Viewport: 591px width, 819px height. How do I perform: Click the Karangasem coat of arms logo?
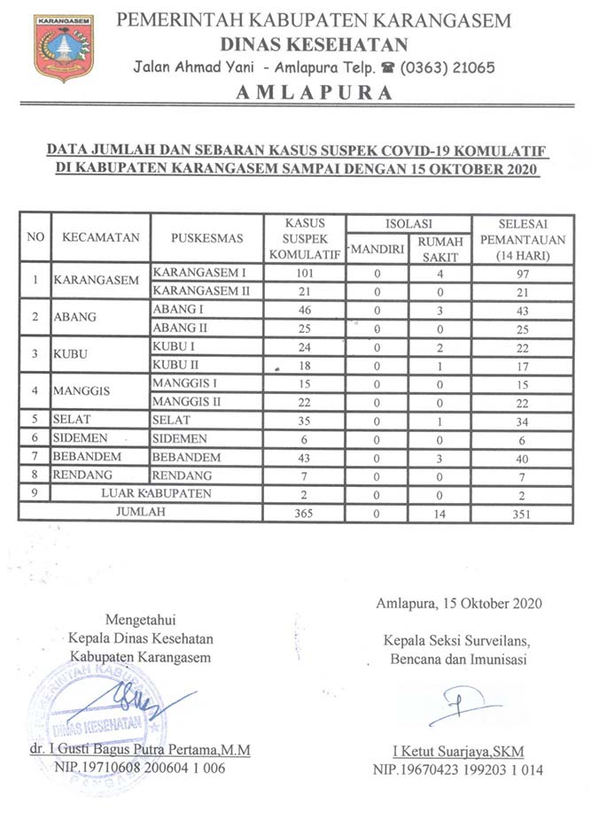pos(63,47)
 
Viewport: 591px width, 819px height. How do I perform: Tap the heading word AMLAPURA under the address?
pos(315,93)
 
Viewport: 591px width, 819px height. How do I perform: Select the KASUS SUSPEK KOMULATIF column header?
pos(304,238)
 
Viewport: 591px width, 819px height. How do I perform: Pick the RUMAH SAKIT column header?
pos(439,247)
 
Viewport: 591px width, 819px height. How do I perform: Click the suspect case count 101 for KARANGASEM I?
pos(304,273)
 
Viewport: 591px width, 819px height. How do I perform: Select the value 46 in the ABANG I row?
pos(304,310)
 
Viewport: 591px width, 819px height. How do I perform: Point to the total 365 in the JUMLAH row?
pos(304,512)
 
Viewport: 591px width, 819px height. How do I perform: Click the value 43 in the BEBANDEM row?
pos(304,457)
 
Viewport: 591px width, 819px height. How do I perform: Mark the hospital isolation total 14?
pos(439,512)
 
